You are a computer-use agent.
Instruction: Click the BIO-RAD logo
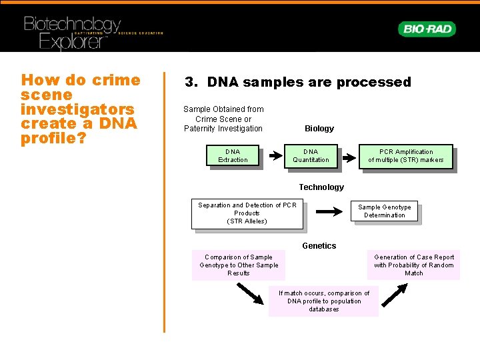pyautogui.click(x=427, y=29)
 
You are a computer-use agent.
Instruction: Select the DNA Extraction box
pyautogui.click(x=233, y=156)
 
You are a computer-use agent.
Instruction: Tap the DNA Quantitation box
pyautogui.click(x=311, y=156)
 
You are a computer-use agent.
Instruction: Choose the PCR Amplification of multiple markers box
pyautogui.click(x=406, y=156)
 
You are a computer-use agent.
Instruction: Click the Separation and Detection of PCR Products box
pyautogui.click(x=247, y=213)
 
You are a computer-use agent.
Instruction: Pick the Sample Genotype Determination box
pyautogui.click(x=385, y=211)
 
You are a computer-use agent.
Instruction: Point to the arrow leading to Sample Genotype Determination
pyautogui.click(x=329, y=212)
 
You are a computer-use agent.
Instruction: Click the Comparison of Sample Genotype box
pyautogui.click(x=239, y=265)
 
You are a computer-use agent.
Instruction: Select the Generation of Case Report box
pyautogui.click(x=413, y=265)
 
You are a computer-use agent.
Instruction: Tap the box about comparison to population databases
pyautogui.click(x=323, y=301)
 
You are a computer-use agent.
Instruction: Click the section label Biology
pyautogui.click(x=319, y=128)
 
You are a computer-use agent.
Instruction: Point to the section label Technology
pyautogui.click(x=321, y=187)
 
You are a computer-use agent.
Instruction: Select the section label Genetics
pyautogui.click(x=319, y=246)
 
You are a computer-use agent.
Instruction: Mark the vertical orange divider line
pyautogui.click(x=164, y=200)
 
